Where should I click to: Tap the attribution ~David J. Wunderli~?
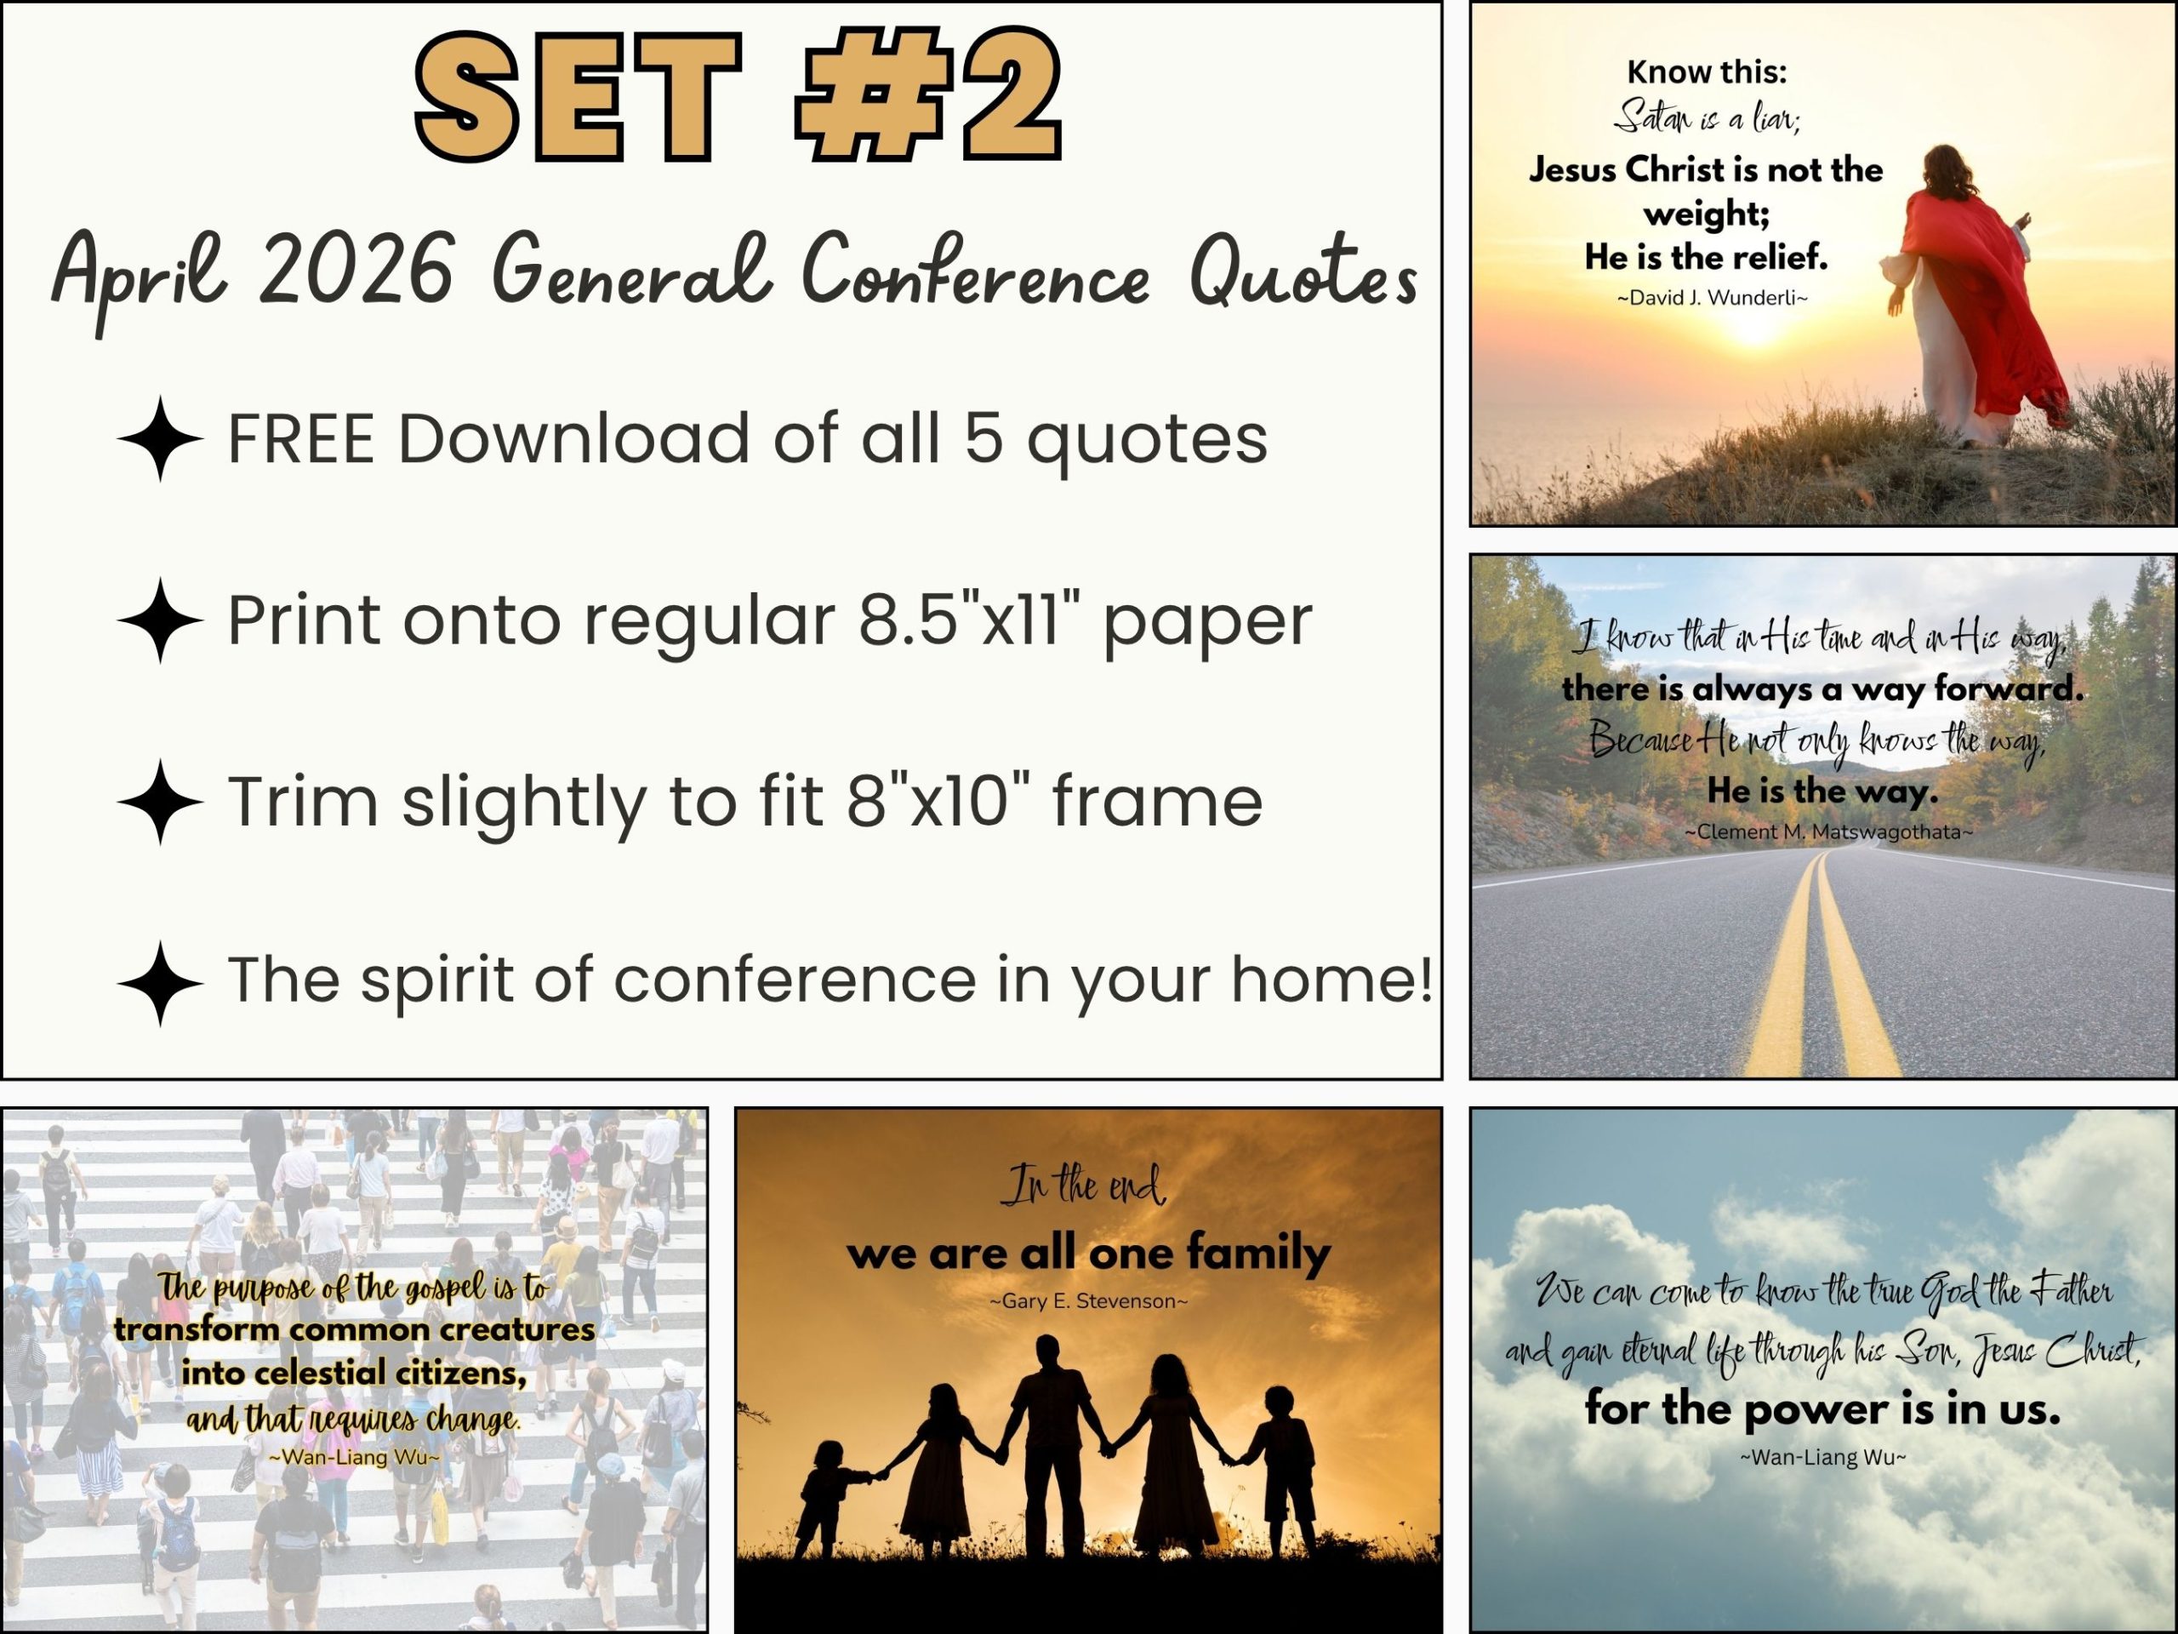(x=1713, y=298)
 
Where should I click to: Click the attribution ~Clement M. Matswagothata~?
(x=1828, y=832)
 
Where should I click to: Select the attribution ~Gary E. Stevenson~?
(x=1089, y=1301)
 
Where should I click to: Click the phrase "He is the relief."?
(x=1707, y=258)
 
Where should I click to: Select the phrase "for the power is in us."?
(x=1822, y=1409)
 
